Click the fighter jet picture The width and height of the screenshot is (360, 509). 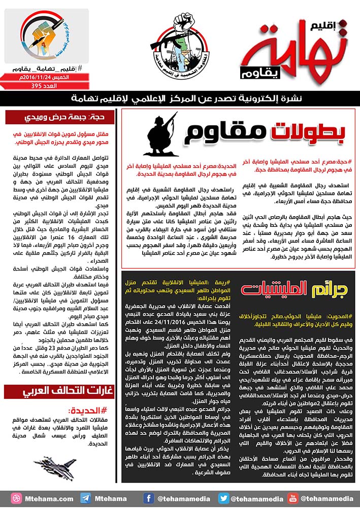click(59, 464)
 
